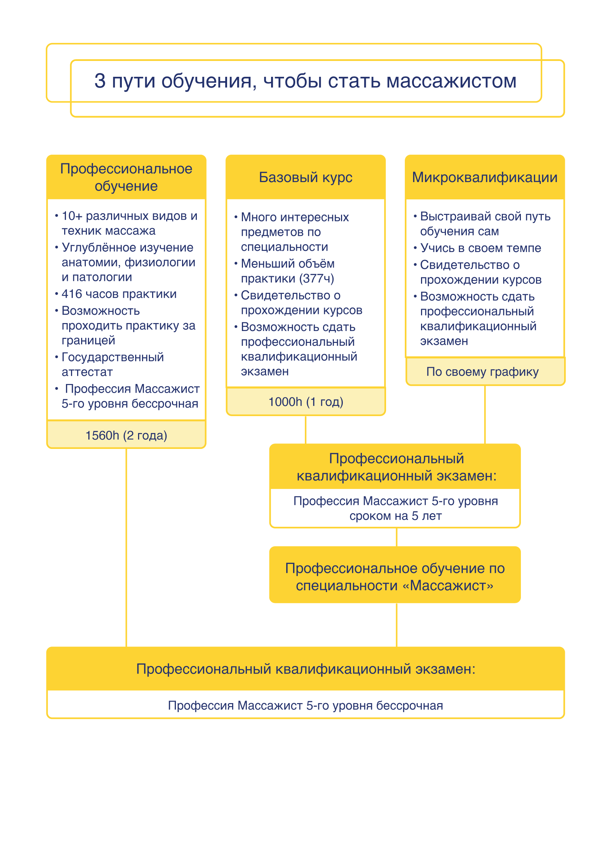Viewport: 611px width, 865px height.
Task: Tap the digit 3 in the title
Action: click(x=100, y=81)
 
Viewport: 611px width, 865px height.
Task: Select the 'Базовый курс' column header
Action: click(x=306, y=177)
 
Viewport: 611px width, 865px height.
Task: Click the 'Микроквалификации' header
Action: click(x=484, y=177)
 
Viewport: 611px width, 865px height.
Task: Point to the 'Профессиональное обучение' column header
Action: click(x=126, y=177)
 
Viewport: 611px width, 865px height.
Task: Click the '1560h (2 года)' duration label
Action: click(x=126, y=435)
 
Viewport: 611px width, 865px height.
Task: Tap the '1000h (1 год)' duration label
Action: click(x=306, y=402)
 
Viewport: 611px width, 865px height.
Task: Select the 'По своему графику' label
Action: click(x=482, y=371)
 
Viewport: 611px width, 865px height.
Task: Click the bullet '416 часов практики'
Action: click(x=119, y=294)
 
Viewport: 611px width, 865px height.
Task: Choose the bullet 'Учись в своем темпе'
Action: click(x=480, y=248)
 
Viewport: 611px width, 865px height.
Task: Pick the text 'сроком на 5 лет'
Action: click(x=395, y=516)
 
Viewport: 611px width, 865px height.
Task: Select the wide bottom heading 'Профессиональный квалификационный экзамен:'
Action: click(x=306, y=669)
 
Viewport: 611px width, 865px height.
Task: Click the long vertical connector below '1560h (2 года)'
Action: click(x=126, y=546)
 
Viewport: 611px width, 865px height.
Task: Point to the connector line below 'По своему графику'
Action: click(x=485, y=414)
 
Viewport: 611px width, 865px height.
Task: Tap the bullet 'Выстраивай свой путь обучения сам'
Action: click(x=485, y=224)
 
